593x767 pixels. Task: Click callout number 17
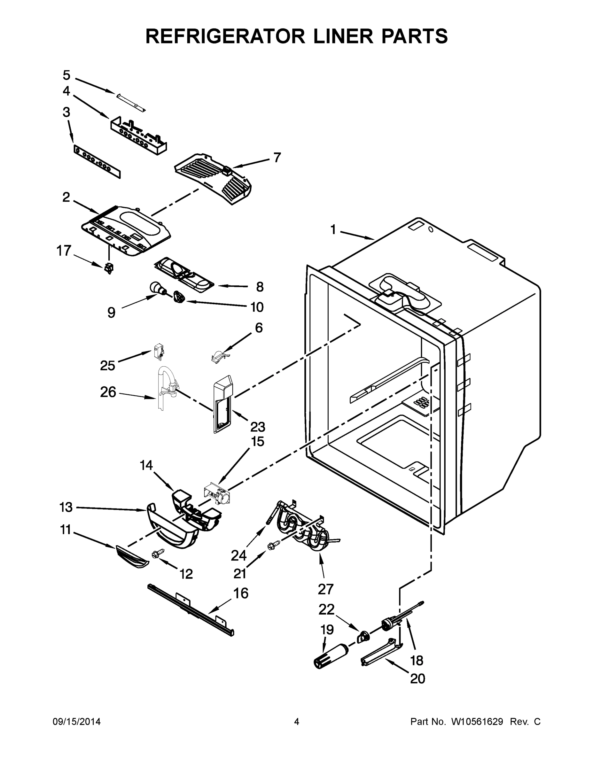[x=64, y=251]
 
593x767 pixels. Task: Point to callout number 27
[x=325, y=589]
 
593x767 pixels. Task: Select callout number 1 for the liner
[x=333, y=230]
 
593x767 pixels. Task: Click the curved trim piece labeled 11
[x=131, y=557]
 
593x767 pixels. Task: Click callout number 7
[x=277, y=158]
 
